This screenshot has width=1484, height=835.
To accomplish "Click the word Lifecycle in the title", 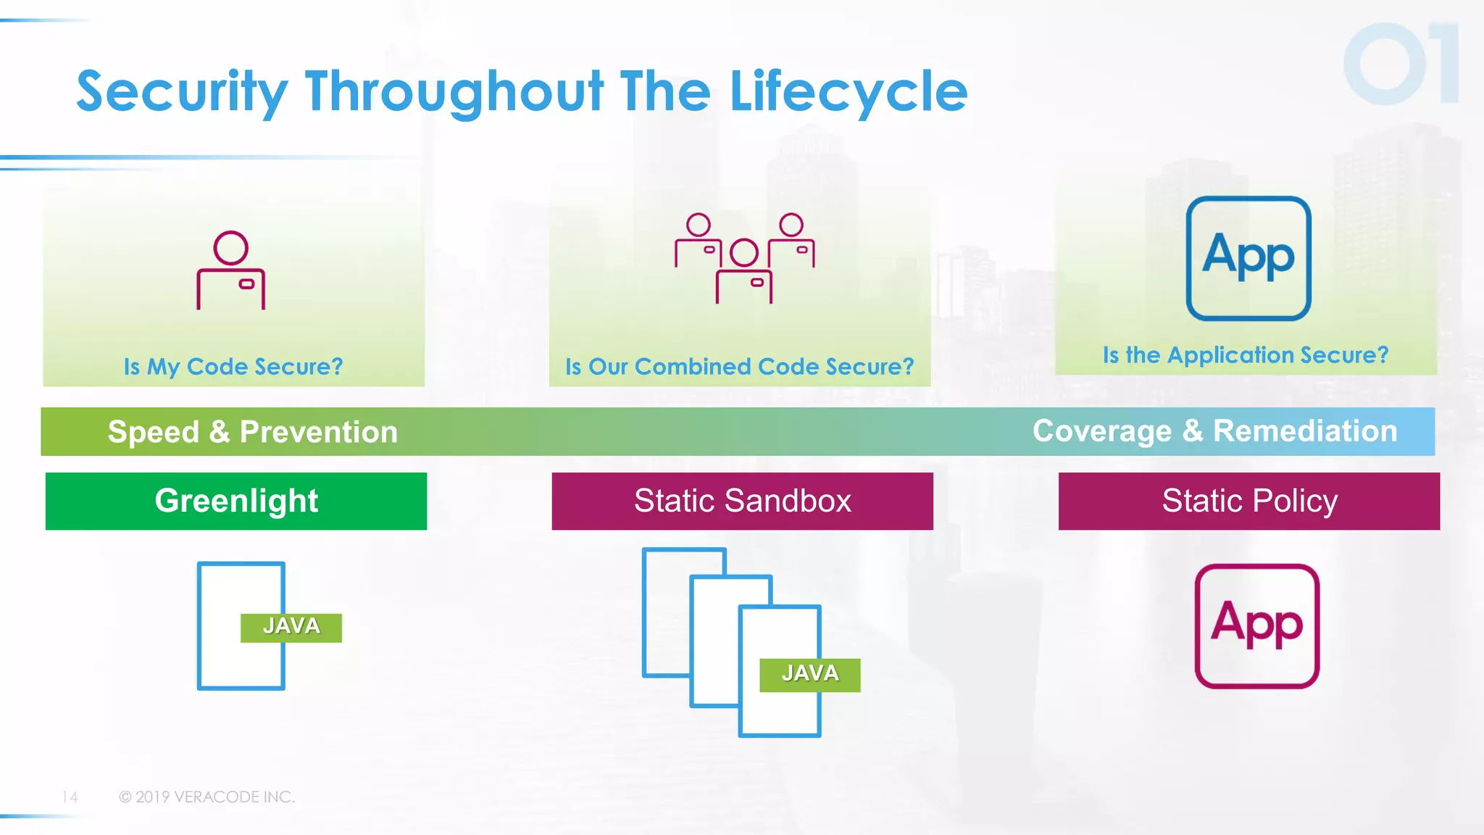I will click(848, 92).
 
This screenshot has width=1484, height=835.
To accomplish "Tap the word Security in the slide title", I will click(182, 92).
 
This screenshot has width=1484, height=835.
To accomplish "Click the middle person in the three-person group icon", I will click(743, 272).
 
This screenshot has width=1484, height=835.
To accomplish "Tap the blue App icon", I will click(1248, 258).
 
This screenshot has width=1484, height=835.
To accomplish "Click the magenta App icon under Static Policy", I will click(1256, 626).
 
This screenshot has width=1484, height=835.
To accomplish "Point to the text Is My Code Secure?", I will click(233, 367).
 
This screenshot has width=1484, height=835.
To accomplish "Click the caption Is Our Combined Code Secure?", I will click(739, 367).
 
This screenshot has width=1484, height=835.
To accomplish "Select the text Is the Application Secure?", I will click(1245, 355).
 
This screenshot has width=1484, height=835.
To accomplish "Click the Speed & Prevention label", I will click(252, 432).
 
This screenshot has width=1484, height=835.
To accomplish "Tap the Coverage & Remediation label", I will click(1214, 431).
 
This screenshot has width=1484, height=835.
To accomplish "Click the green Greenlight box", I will click(236, 501).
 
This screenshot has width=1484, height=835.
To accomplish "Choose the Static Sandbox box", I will click(742, 501).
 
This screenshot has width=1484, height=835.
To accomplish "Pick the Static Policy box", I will click(1249, 501).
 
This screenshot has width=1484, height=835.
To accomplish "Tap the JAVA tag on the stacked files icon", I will click(809, 674).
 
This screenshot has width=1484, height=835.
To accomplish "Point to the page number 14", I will click(70, 797).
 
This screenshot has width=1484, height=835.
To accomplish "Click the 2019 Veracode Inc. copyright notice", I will click(207, 797).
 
